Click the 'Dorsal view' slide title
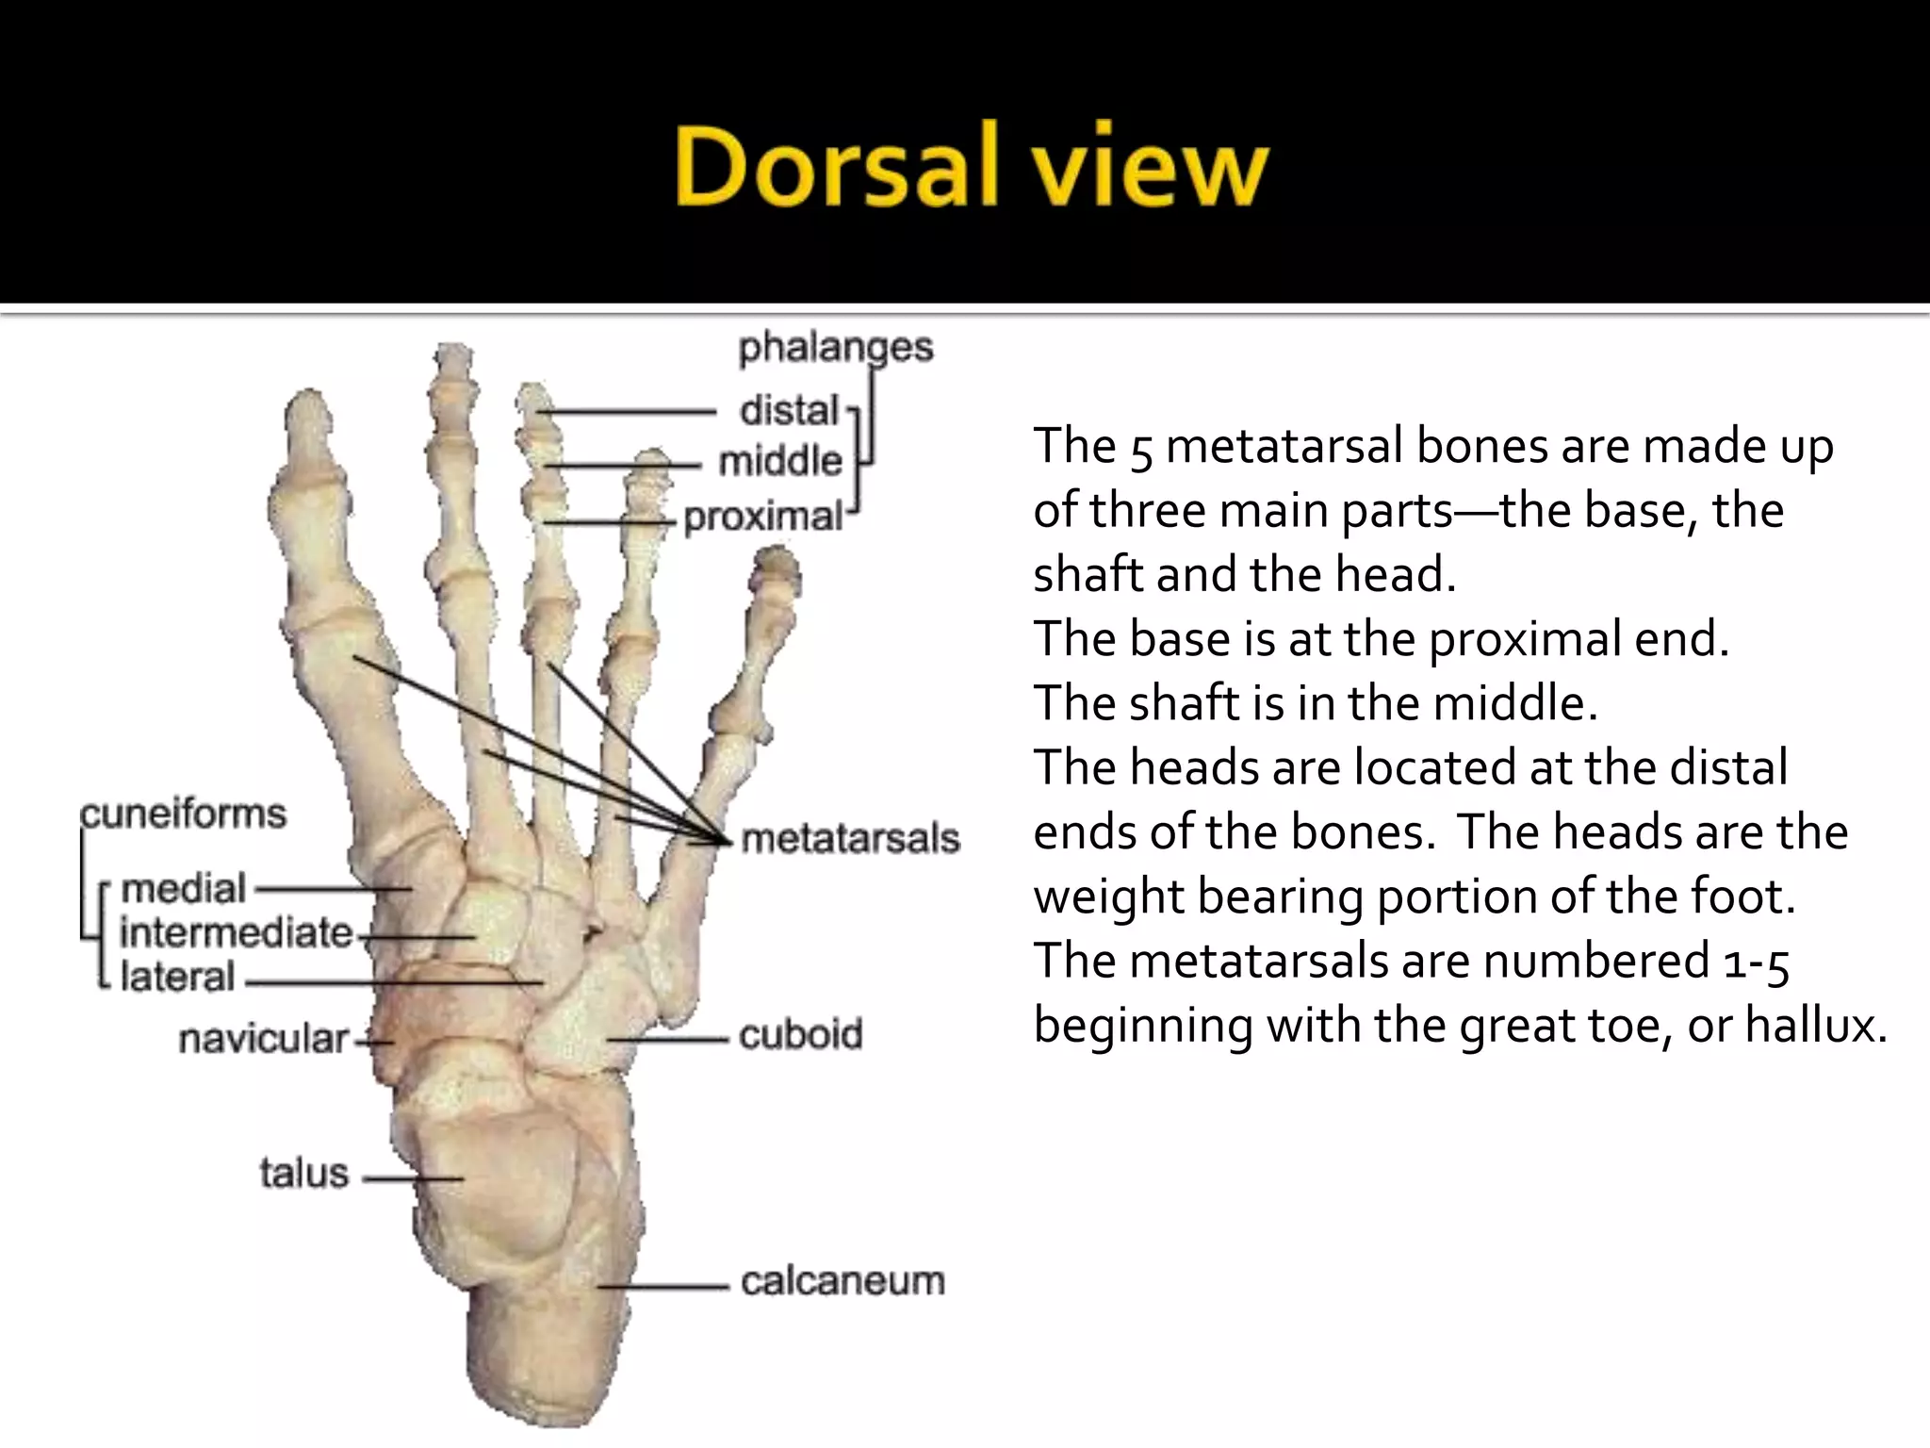point(972,170)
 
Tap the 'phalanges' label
point(835,348)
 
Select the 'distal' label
point(789,411)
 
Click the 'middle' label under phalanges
point(779,462)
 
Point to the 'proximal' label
point(762,517)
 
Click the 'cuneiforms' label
point(183,814)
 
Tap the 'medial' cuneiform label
point(184,888)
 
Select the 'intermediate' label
point(236,932)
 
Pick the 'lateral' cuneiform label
point(177,978)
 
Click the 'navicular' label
point(263,1039)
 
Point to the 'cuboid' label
point(800,1035)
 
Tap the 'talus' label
point(304,1174)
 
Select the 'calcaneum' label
point(842,1281)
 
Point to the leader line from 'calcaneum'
point(664,1286)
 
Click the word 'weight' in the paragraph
point(1108,897)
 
